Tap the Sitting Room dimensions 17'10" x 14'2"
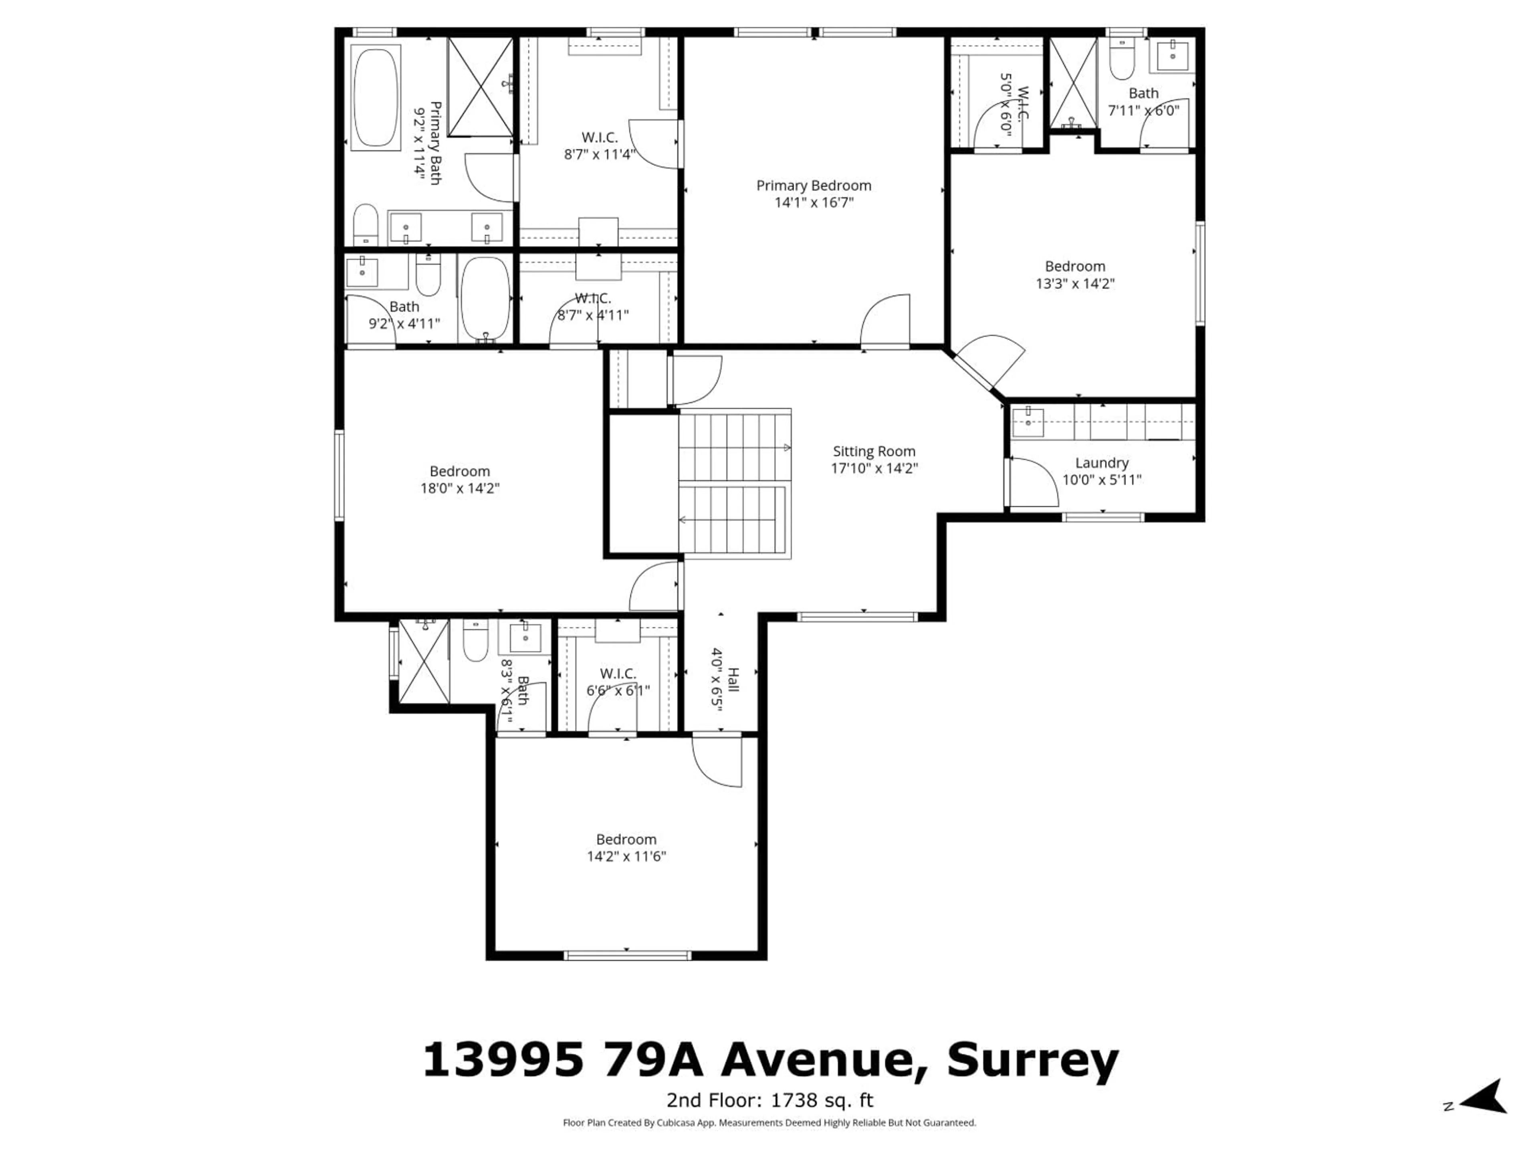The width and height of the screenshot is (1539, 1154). point(874,468)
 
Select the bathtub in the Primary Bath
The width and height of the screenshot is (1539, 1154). point(376,97)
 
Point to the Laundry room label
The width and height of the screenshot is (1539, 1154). point(1101,462)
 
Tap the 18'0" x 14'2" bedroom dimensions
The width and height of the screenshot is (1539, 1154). point(459,488)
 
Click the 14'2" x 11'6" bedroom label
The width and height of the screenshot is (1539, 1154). point(626,839)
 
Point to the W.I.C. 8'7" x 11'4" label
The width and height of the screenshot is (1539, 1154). point(599,138)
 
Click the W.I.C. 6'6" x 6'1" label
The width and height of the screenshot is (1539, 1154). point(618,673)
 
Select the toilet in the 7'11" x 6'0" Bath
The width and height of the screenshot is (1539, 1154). point(1121,61)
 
